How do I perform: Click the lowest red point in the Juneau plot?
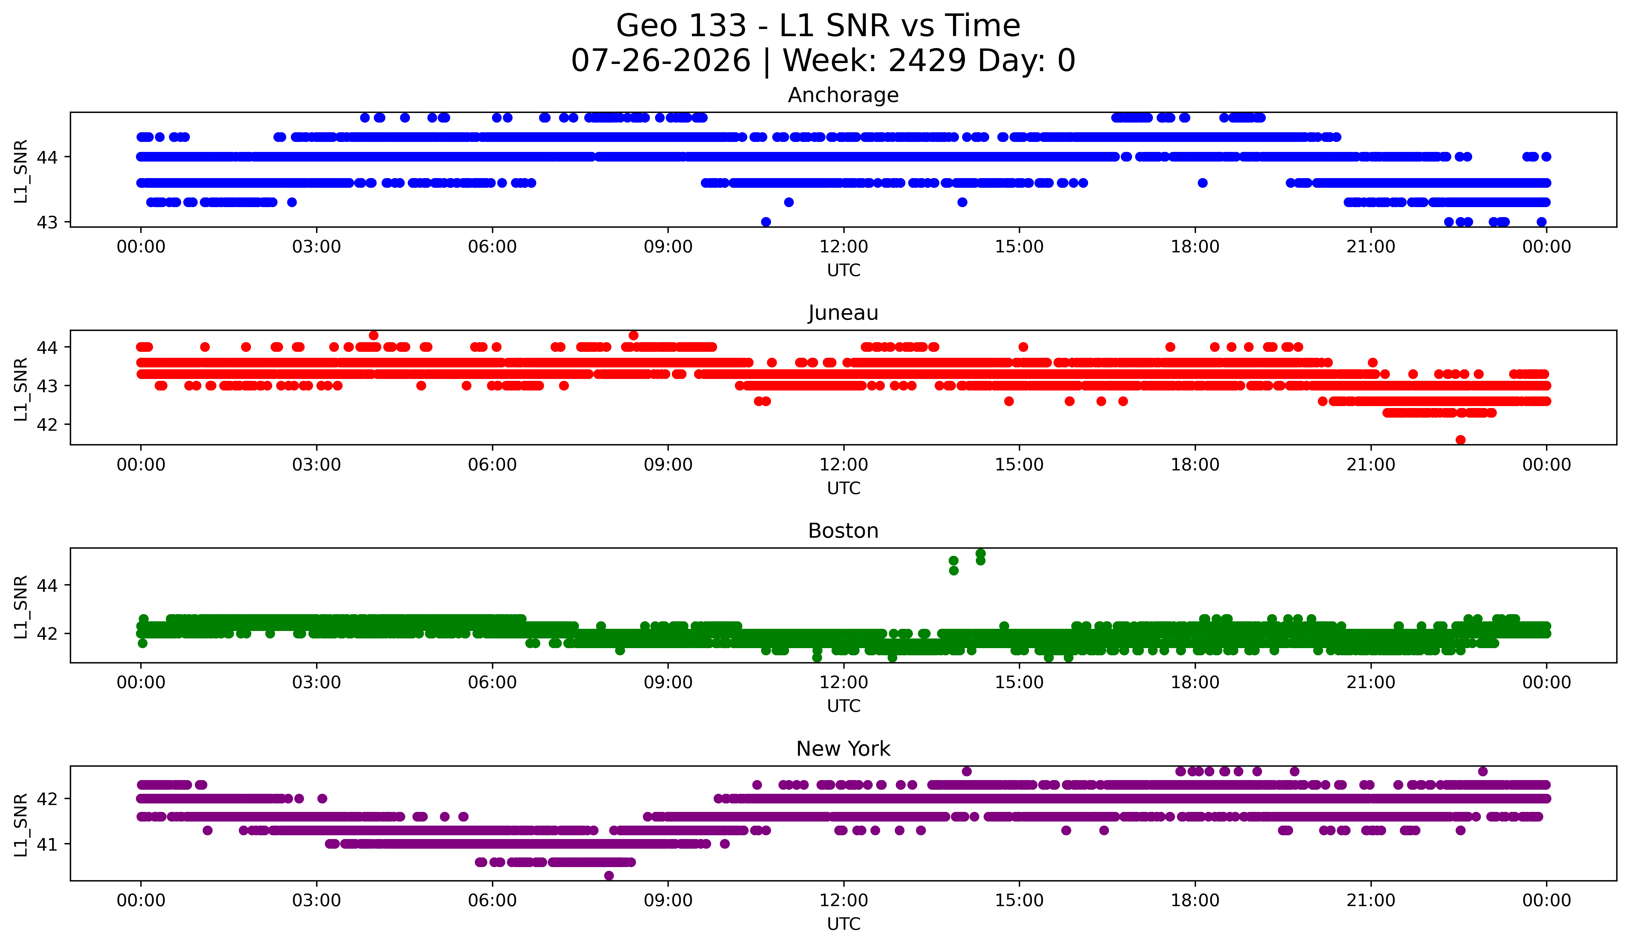tap(1460, 440)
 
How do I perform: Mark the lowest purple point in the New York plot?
tap(609, 876)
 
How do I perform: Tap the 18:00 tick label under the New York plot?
tap(1195, 900)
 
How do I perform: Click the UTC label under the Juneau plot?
tap(844, 488)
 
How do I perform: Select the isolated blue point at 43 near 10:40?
tap(766, 222)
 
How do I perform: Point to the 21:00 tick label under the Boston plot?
tap(1371, 682)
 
